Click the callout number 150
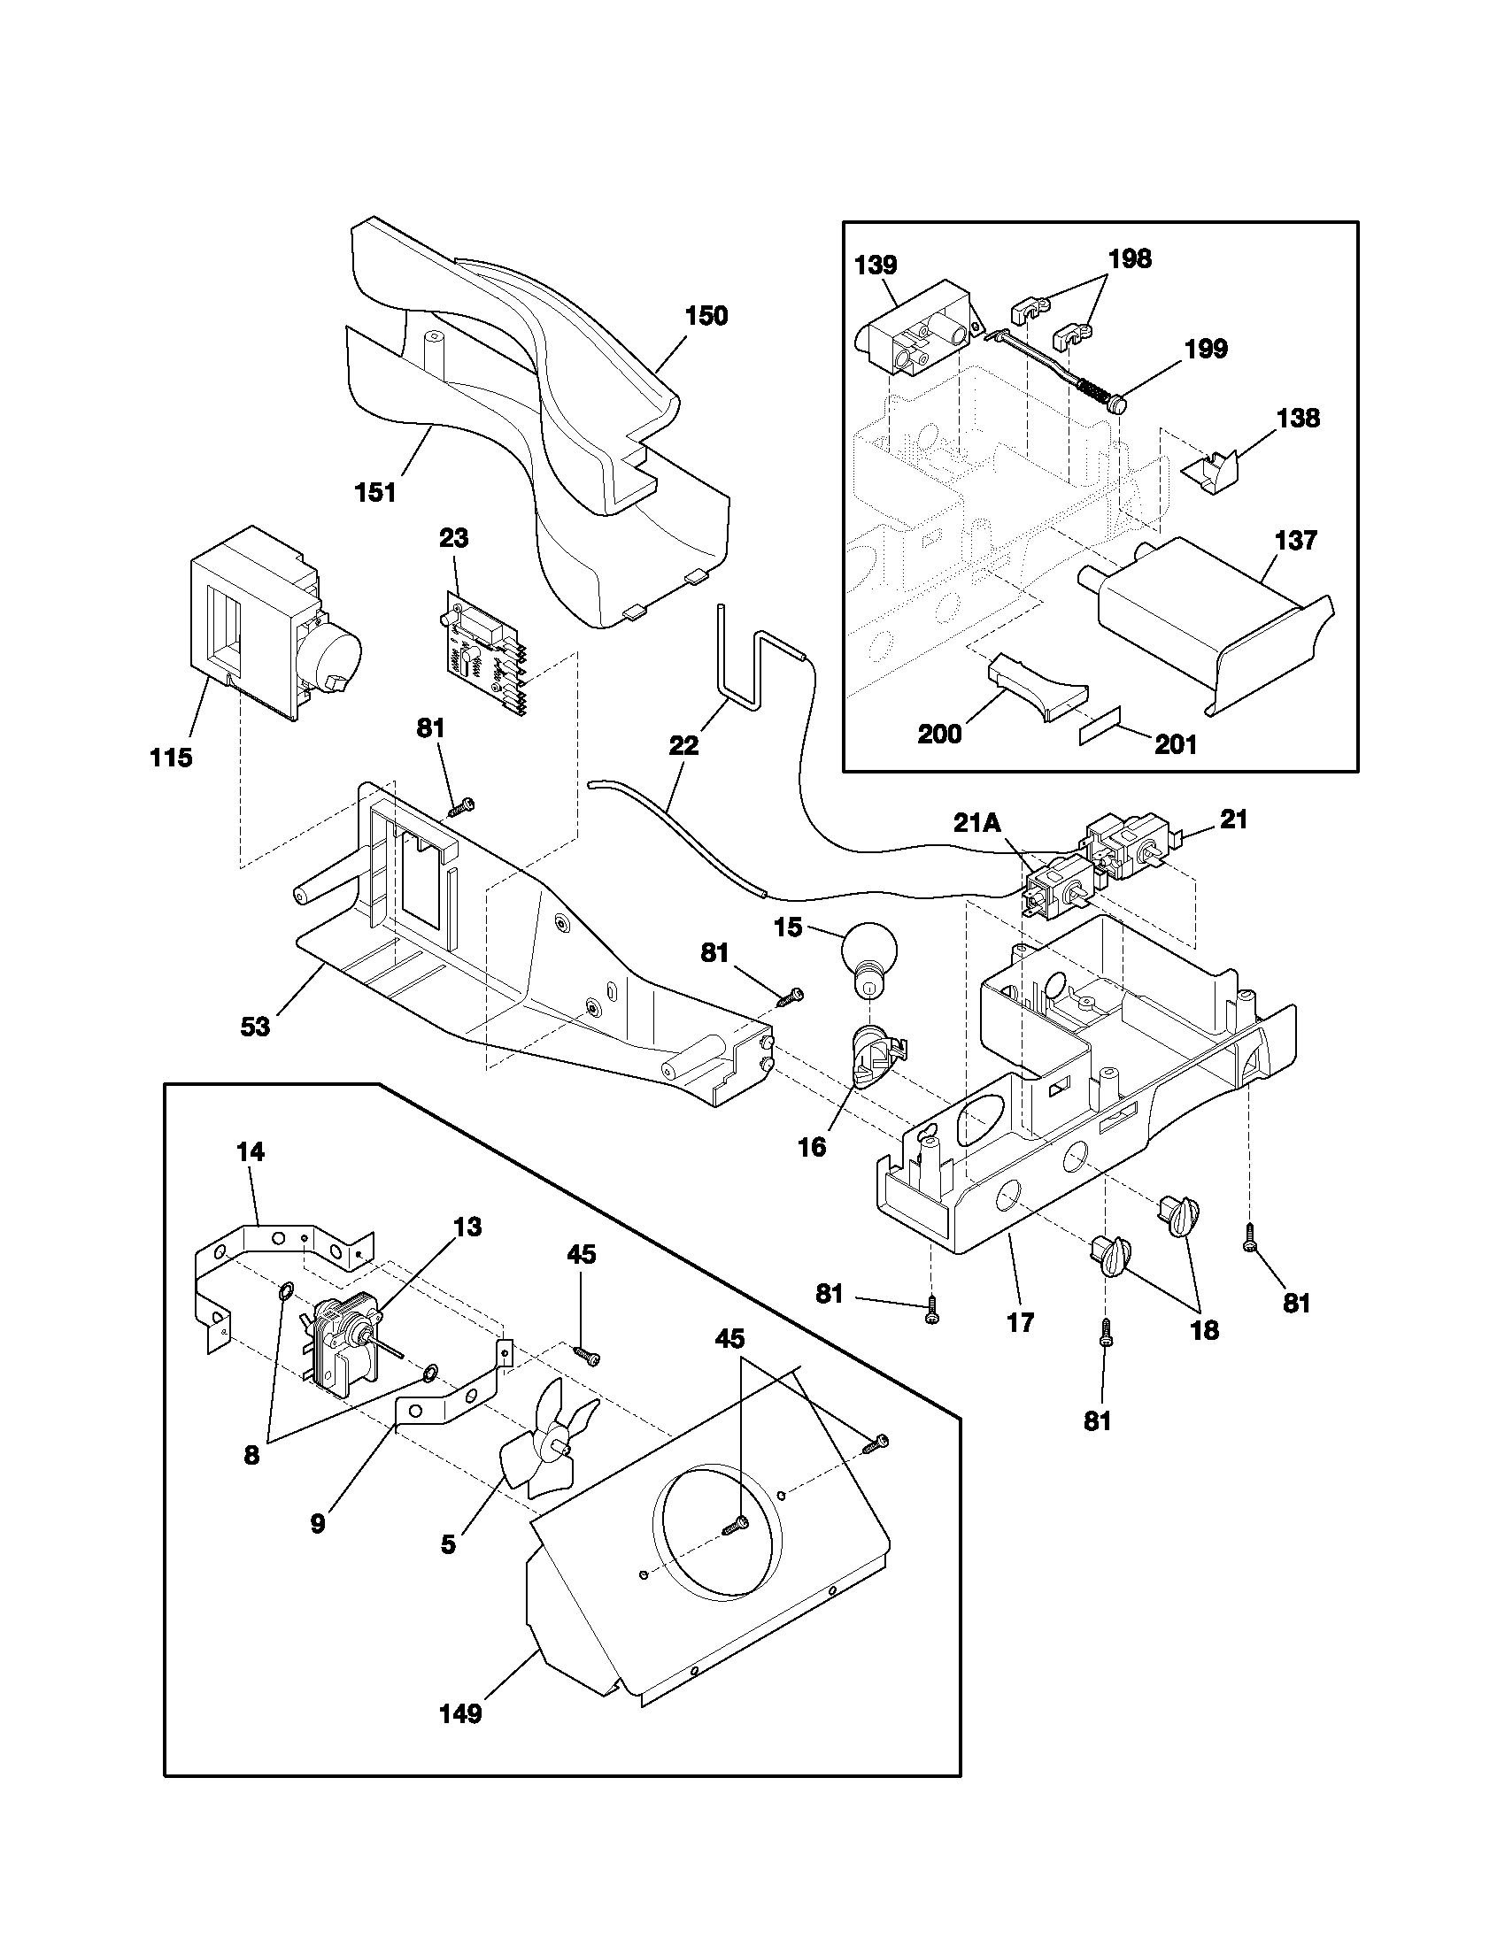706,316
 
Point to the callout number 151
375,492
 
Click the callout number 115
170,758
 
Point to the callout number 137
1295,540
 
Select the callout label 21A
977,822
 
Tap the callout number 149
460,1713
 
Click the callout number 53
255,1027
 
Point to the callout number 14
251,1151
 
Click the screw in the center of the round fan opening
737,1528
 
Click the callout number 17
1021,1323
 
